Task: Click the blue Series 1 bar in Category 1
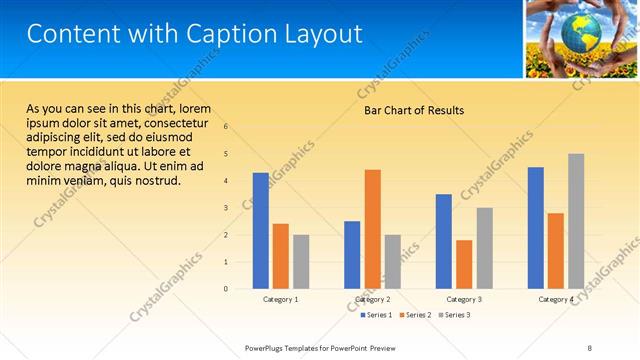[260, 230]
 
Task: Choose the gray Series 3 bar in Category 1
[301, 261]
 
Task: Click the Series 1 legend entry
[376, 315]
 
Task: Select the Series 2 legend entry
[415, 315]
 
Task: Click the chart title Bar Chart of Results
[413, 110]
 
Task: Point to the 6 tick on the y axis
[226, 127]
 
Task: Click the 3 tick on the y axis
[226, 208]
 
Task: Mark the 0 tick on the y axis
[226, 289]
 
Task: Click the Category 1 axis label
[281, 299]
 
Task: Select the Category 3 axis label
[464, 299]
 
